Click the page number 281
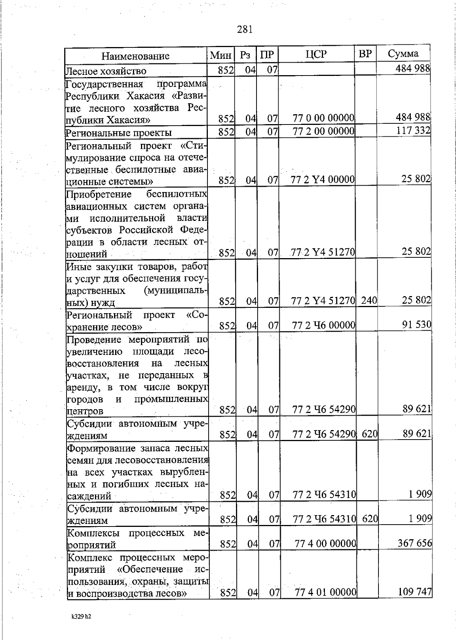point(245,29)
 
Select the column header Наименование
point(135,57)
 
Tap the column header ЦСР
point(316,55)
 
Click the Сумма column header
point(403,54)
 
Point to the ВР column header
point(365,54)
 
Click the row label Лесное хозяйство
point(106,71)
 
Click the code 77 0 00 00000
point(323,118)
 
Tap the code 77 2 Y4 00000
point(323,179)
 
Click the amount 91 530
point(416,325)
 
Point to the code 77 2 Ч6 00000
point(324,325)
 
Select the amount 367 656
point(415,543)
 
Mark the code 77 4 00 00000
point(326,544)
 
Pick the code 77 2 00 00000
point(323,131)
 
